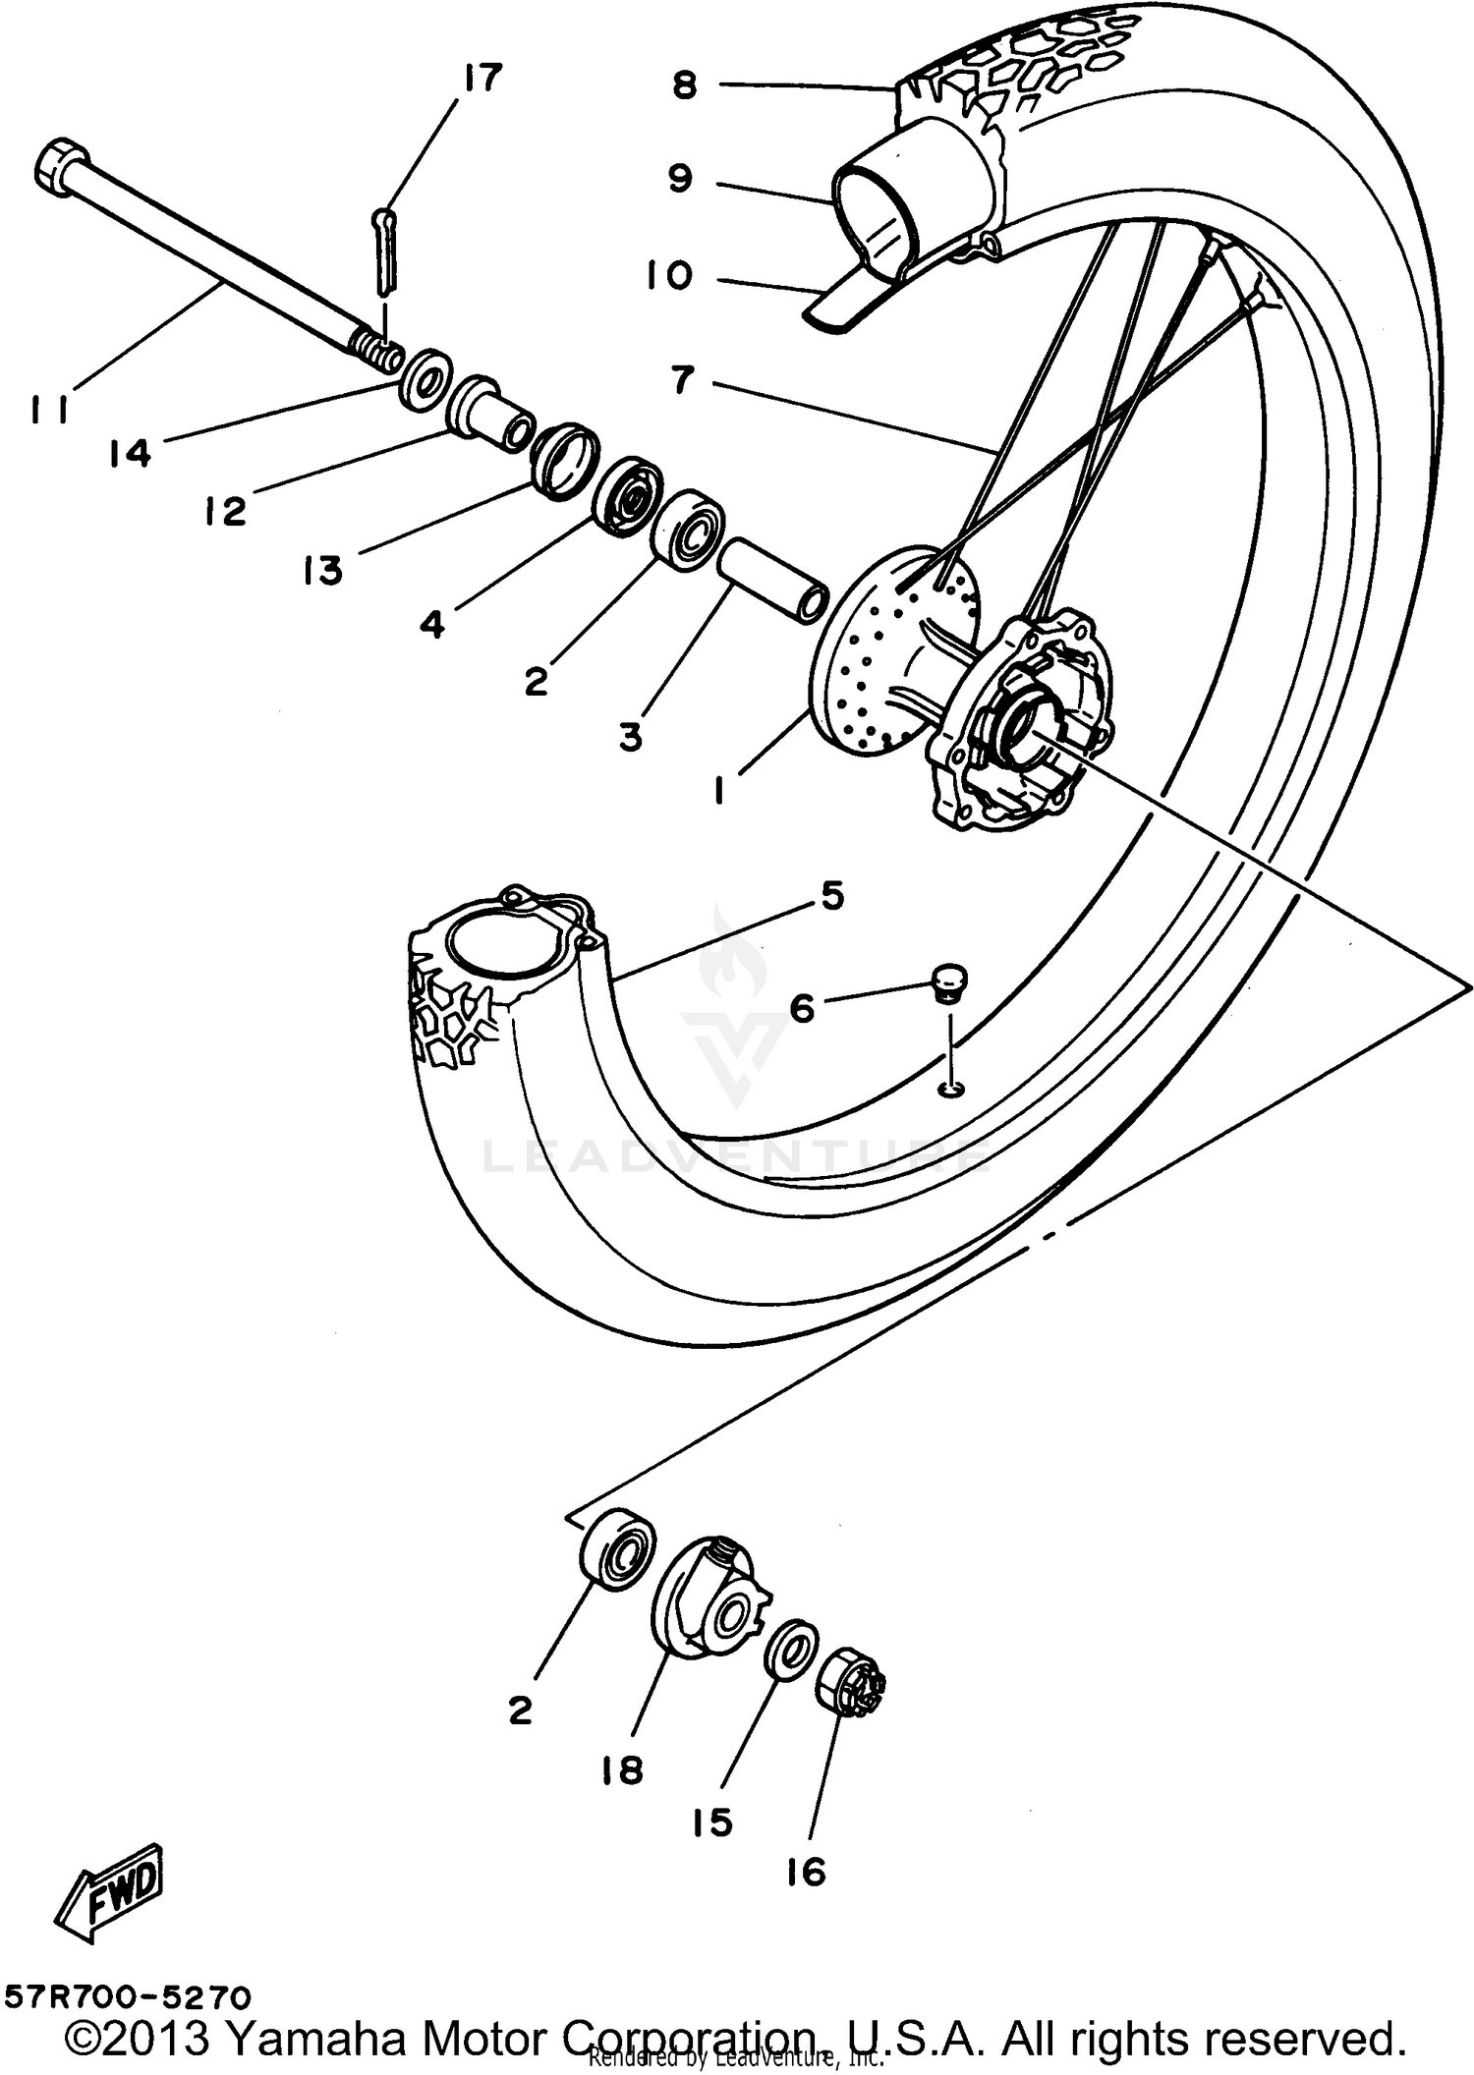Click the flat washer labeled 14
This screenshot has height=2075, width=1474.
(425, 378)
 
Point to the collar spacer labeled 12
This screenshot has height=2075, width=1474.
(491, 413)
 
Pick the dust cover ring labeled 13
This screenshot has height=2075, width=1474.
(565, 460)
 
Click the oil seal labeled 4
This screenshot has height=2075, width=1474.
(628, 496)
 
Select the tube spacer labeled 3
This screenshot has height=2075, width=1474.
(772, 577)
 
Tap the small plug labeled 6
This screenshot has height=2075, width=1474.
(948, 981)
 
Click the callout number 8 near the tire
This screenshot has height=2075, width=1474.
(685, 85)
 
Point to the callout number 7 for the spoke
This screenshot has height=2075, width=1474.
(683, 378)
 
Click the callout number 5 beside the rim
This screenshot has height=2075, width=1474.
(831, 896)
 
